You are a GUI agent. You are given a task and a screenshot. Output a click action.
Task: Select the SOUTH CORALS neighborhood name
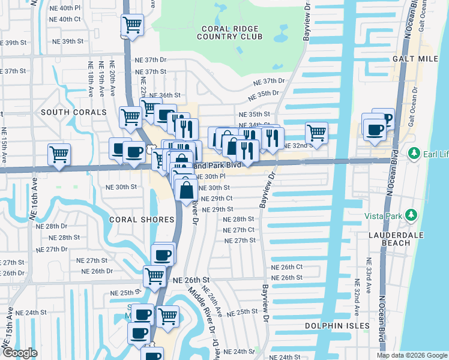pyautogui.click(x=73, y=112)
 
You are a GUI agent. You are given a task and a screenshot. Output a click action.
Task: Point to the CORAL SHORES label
pyautogui.click(x=133, y=220)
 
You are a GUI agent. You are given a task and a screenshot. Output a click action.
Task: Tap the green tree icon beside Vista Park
pyautogui.click(x=411, y=215)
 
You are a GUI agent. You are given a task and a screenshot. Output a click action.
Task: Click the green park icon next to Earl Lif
pyautogui.click(x=414, y=154)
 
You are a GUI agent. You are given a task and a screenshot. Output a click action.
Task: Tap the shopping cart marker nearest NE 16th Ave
pyautogui.click(x=59, y=154)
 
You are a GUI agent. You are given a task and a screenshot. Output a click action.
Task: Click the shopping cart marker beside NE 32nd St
pyautogui.click(x=316, y=133)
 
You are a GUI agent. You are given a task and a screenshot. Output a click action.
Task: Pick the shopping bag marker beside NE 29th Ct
pyautogui.click(x=187, y=190)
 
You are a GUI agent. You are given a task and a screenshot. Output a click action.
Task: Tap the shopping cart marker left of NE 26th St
pyautogui.click(x=154, y=276)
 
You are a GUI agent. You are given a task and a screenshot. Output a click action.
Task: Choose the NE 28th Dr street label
pyautogui.click(x=56, y=226)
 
